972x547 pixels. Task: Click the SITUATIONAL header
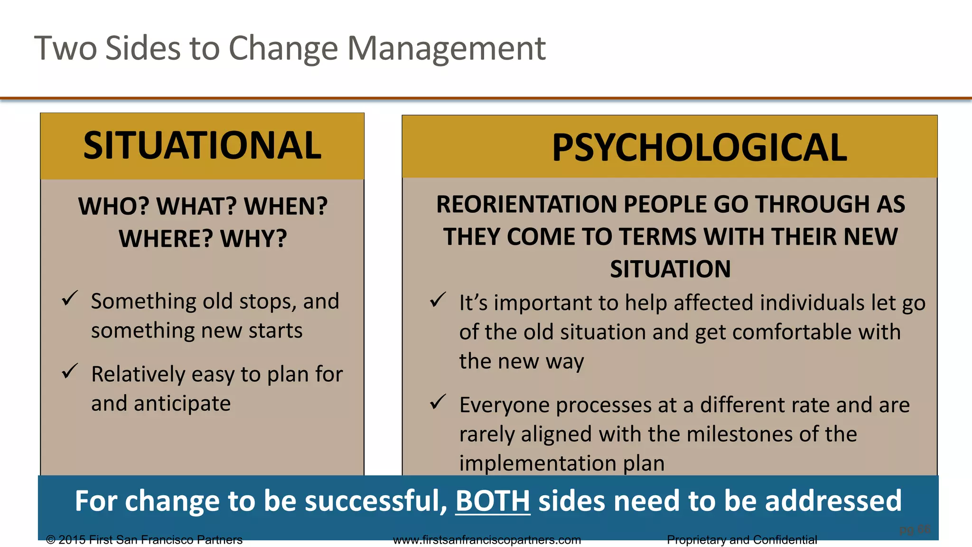(x=202, y=145)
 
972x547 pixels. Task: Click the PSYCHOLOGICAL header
(x=699, y=148)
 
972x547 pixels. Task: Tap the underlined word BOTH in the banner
(x=492, y=500)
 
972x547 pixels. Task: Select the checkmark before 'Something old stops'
(x=70, y=299)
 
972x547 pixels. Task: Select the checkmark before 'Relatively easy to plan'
(x=70, y=371)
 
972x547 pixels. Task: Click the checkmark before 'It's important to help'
(x=438, y=300)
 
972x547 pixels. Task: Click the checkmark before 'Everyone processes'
(x=438, y=402)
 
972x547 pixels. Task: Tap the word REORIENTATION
(x=526, y=204)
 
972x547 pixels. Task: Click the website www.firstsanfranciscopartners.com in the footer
(x=487, y=540)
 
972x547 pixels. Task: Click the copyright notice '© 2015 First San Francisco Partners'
(x=144, y=540)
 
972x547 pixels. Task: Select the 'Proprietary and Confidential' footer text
(x=742, y=540)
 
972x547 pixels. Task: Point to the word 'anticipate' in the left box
(x=182, y=404)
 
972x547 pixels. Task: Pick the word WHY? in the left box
(x=253, y=238)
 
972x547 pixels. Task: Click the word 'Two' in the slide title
(x=65, y=48)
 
